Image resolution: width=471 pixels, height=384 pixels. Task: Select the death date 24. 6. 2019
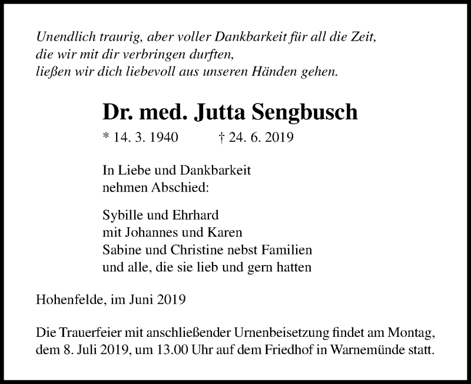click(x=261, y=138)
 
